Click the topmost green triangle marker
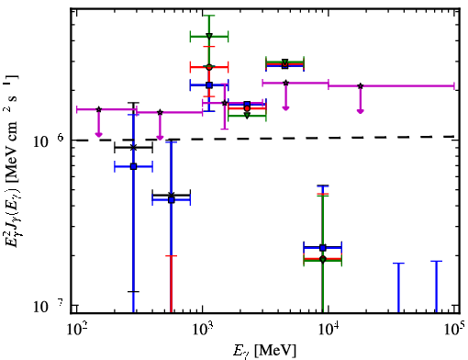click(209, 36)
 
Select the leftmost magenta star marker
click(98, 109)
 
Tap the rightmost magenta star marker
click(361, 86)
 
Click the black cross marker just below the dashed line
click(133, 148)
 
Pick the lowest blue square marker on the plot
click(322, 247)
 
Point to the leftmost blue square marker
click(133, 166)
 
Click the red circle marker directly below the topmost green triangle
click(209, 67)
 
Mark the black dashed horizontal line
click(265, 139)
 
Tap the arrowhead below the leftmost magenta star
click(98, 134)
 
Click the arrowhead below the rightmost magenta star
click(361, 111)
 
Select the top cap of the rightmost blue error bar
click(436, 261)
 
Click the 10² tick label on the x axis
click(76, 330)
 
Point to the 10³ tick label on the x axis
click(203, 330)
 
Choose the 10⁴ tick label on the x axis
click(329, 330)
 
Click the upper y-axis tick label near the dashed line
click(49, 141)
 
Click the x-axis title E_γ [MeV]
click(264, 351)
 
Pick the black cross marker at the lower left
click(172, 195)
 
